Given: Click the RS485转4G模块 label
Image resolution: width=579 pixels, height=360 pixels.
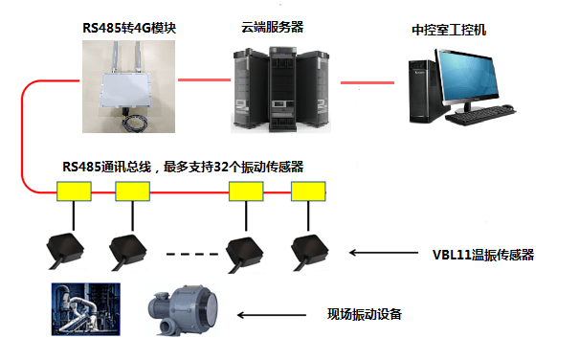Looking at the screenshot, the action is click(129, 28).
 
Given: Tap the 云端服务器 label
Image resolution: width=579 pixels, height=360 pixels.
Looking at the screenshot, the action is click(272, 27).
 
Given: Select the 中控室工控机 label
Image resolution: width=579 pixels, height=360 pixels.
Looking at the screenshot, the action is click(449, 30).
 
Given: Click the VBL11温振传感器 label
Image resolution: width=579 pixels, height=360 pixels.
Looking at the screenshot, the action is click(483, 255).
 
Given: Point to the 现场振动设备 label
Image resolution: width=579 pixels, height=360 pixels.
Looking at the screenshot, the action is click(364, 314).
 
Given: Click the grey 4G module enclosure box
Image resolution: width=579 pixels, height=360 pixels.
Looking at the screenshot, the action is click(126, 90).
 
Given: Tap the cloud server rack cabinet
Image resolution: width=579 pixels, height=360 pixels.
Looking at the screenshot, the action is click(281, 89).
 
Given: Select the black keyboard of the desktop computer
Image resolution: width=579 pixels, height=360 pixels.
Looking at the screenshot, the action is click(480, 115).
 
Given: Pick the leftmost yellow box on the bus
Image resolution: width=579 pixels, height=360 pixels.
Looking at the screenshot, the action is click(74, 191).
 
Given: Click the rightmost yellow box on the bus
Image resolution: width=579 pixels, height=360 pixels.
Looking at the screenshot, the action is click(308, 191).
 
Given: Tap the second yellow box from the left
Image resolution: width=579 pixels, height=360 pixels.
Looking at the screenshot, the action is click(133, 191).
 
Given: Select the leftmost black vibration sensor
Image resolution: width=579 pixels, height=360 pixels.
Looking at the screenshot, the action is click(65, 250).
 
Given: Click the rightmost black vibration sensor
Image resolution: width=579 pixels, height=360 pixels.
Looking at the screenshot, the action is click(310, 252).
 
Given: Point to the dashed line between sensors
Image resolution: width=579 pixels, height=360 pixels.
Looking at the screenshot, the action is click(192, 254).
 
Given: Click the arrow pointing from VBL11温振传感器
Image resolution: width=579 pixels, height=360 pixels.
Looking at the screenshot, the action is click(384, 253).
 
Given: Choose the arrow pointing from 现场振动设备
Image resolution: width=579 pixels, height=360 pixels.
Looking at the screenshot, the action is click(272, 315).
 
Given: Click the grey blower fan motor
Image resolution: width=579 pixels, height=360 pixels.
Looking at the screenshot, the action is click(184, 309).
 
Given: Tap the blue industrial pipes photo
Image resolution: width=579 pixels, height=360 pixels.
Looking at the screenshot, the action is click(86, 309).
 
